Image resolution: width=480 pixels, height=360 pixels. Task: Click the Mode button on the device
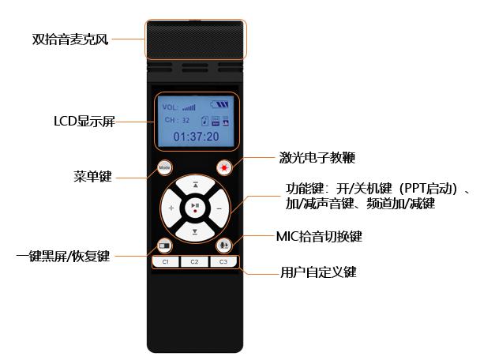(x=164, y=167)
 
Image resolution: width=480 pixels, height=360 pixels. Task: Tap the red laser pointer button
(x=224, y=167)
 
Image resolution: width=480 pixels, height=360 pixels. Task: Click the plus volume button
(x=171, y=208)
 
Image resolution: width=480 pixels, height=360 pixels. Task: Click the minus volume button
(x=219, y=208)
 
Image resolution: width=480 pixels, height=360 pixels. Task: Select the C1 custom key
(x=166, y=262)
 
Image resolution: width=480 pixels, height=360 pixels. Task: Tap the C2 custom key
(x=194, y=262)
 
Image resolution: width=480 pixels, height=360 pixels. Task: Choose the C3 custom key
(x=223, y=262)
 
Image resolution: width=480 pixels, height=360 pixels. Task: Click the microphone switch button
(x=224, y=246)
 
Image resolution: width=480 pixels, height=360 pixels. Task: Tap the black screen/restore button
(x=165, y=246)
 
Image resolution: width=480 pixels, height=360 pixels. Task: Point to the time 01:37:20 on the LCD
(x=197, y=137)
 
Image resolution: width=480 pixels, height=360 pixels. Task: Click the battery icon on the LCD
(x=219, y=104)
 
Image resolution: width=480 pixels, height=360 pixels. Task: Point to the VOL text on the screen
(x=170, y=107)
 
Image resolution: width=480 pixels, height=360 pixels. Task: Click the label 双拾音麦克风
(x=70, y=39)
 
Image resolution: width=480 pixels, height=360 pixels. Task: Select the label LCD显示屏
(x=84, y=122)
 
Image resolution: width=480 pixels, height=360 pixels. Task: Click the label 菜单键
(x=92, y=177)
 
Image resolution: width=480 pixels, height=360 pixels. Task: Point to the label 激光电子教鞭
(x=317, y=158)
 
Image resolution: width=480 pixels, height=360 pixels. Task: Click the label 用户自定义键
(x=319, y=272)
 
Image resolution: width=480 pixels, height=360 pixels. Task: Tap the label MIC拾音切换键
(x=319, y=236)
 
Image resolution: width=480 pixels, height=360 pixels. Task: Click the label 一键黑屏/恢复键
(x=63, y=256)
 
